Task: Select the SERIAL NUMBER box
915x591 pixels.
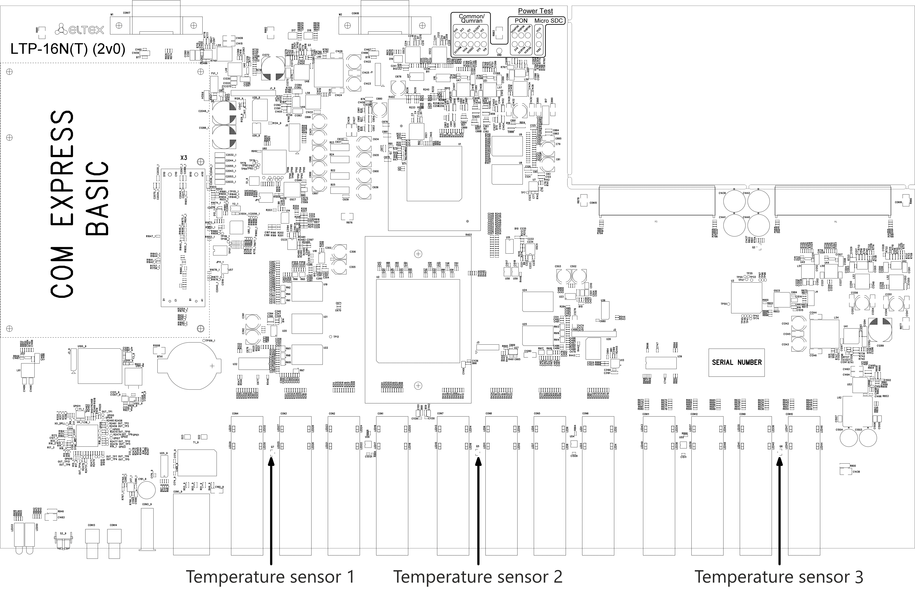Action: pyautogui.click(x=736, y=362)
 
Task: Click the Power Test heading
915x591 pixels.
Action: pyautogui.click(x=535, y=11)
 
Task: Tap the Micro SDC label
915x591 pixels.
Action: pyautogui.click(x=549, y=21)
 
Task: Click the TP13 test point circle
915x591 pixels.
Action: pyautogui.click(x=331, y=337)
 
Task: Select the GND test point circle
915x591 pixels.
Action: pyautogui.click(x=499, y=50)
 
